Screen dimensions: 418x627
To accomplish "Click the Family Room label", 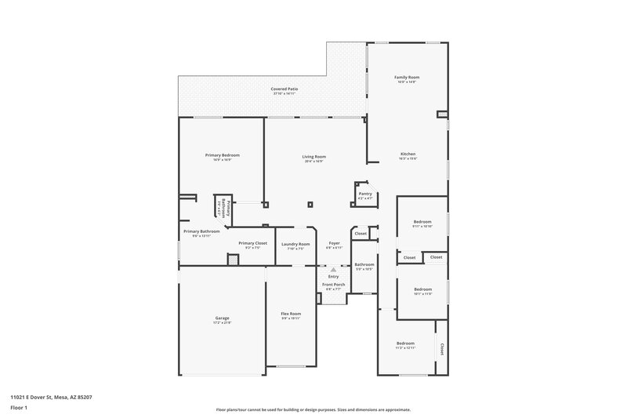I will (x=407, y=77).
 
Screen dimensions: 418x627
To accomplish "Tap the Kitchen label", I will (x=408, y=154).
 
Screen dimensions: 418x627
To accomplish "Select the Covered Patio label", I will (x=285, y=89).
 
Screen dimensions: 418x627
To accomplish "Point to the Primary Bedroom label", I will (x=223, y=155).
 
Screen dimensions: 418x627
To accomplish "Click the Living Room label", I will (x=313, y=157).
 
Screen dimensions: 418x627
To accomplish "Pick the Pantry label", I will (x=365, y=193).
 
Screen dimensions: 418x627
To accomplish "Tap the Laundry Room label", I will (x=295, y=244).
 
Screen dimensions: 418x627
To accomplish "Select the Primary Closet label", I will (x=253, y=243).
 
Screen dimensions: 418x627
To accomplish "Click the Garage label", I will (x=223, y=318).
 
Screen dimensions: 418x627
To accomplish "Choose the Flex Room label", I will (x=291, y=314).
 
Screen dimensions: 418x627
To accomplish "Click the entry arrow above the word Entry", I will (x=333, y=269).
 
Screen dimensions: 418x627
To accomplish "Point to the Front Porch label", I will (x=334, y=284).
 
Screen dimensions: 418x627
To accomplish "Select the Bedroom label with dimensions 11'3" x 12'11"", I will (x=405, y=343).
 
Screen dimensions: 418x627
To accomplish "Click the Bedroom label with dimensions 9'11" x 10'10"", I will (x=422, y=222).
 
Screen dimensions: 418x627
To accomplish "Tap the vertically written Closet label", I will (x=441, y=348).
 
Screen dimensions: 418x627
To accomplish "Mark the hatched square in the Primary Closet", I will (x=233, y=260).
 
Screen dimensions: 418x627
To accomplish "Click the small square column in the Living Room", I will (x=311, y=204).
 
